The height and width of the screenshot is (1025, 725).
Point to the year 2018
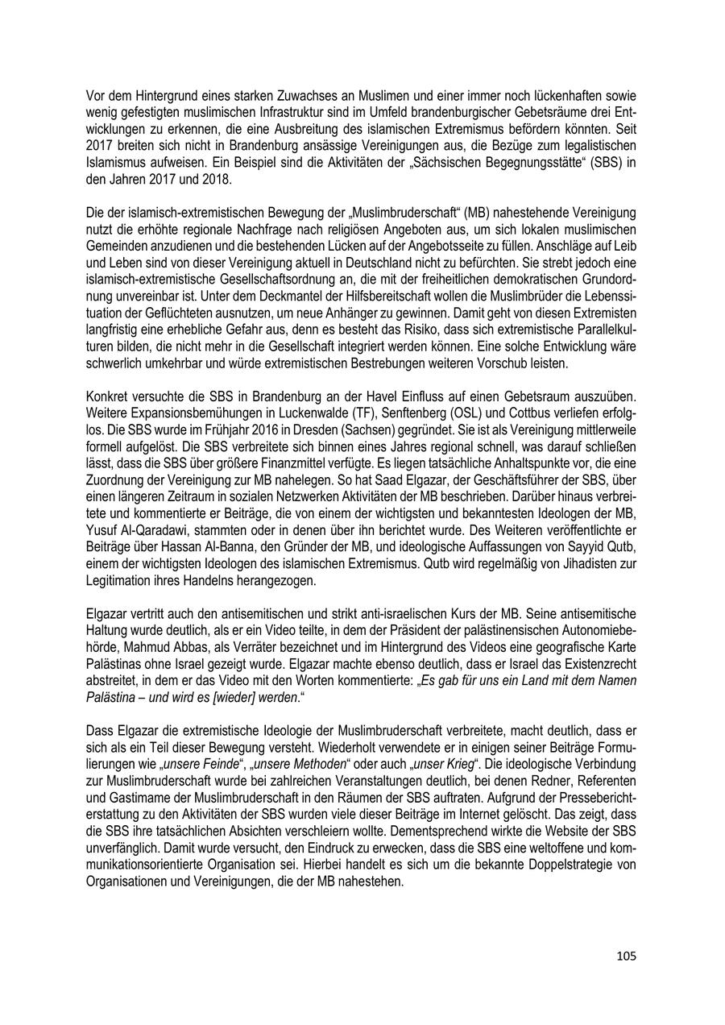pos(212,179)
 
